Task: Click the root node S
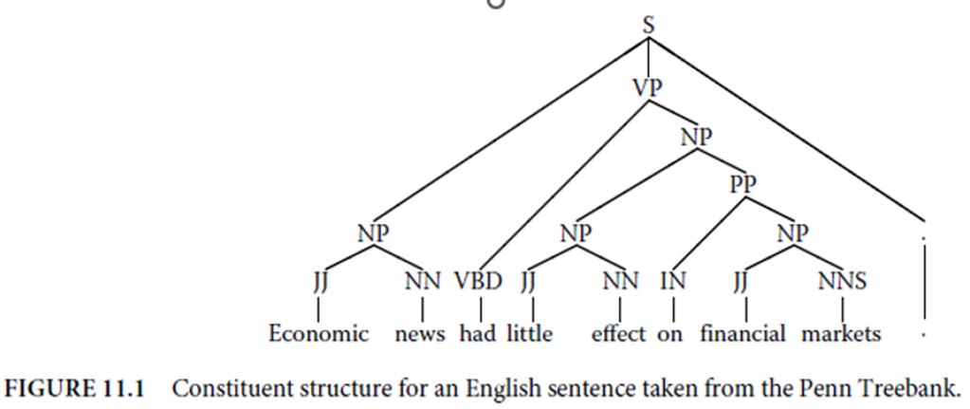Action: click(x=649, y=27)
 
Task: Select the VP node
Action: click(x=649, y=87)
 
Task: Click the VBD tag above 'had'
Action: click(x=483, y=281)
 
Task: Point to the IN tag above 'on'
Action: click(x=672, y=281)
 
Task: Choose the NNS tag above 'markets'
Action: click(x=843, y=281)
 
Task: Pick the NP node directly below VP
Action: click(x=696, y=136)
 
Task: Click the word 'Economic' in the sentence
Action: click(x=319, y=334)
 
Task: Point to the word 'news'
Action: click(x=421, y=334)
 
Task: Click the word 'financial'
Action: click(x=743, y=334)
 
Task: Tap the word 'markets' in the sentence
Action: click(x=842, y=334)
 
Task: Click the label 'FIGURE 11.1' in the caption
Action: click(x=74, y=389)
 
